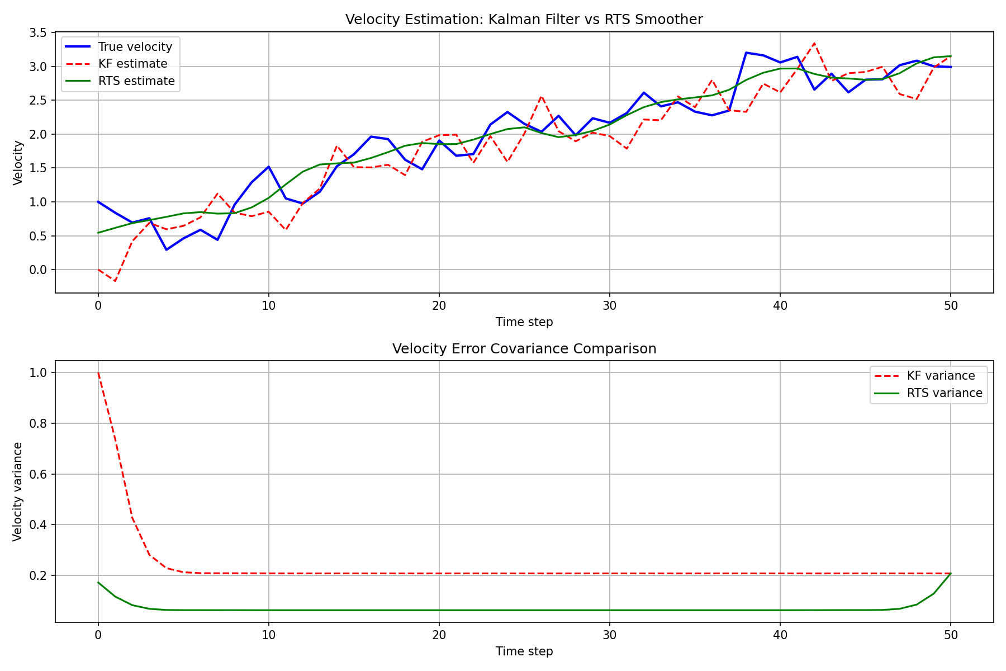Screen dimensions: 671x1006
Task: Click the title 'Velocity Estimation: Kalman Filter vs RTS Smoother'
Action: [524, 20]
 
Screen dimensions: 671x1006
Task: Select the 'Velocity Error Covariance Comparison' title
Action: [524, 349]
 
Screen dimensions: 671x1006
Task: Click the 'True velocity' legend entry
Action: [135, 46]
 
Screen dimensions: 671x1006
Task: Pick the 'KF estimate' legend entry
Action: [132, 64]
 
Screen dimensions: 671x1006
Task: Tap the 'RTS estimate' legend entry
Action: [136, 81]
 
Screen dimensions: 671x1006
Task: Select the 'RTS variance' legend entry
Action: [944, 393]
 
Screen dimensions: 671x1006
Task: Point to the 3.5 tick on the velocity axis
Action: [39, 32]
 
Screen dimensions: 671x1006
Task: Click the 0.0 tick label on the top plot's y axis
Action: [39, 270]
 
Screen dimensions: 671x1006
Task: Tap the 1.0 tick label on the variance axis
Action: [39, 373]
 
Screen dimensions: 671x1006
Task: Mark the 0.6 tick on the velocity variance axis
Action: [39, 474]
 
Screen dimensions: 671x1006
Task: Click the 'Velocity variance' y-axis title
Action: [17, 492]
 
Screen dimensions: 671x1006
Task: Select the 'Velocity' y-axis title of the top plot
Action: [17, 162]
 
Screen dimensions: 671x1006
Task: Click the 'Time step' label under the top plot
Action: [524, 322]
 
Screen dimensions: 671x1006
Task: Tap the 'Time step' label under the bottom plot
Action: [524, 651]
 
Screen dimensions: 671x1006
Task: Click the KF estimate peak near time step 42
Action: [814, 43]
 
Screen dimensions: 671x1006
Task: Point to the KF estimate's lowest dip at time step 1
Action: [115, 281]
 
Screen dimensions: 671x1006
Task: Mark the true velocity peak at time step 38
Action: [746, 53]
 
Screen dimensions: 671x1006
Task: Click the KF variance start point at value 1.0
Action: [98, 373]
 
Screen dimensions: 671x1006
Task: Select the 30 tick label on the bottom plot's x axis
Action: [609, 635]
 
